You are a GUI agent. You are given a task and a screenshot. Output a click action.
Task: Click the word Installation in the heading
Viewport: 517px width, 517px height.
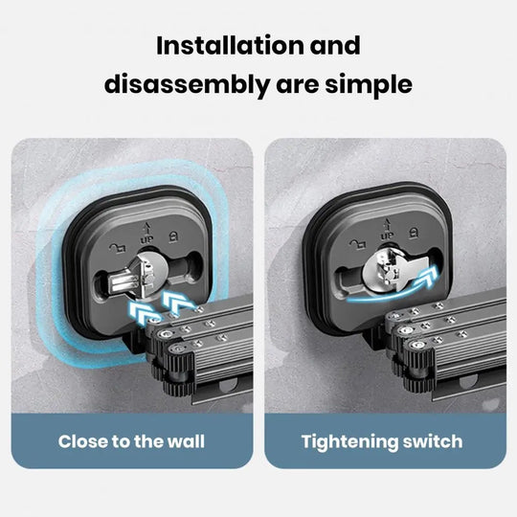[230, 45]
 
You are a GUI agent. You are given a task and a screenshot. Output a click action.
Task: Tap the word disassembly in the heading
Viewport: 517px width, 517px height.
[187, 85]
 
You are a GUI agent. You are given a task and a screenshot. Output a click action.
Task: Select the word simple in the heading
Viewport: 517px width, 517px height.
[369, 85]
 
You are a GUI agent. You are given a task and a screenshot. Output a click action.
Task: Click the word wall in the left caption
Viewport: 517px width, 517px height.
[186, 441]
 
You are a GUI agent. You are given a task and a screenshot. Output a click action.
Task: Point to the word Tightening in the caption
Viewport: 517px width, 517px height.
[349, 441]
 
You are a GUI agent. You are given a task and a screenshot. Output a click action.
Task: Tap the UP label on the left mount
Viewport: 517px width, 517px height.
[146, 239]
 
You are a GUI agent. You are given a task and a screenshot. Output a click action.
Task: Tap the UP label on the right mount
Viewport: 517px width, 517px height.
[387, 236]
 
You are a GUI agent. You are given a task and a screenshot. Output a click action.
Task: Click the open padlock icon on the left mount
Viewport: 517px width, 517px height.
[118, 247]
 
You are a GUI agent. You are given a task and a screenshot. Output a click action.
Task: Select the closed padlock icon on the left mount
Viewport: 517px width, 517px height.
[173, 236]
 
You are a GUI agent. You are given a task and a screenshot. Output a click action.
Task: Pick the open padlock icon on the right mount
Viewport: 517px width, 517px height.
[358, 245]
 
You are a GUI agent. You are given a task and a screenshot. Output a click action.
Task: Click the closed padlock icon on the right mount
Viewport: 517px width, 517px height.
[414, 232]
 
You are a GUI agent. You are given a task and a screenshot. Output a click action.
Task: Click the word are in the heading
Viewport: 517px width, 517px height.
[298, 86]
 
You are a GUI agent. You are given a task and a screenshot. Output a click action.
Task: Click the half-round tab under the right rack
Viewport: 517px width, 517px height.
[468, 382]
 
